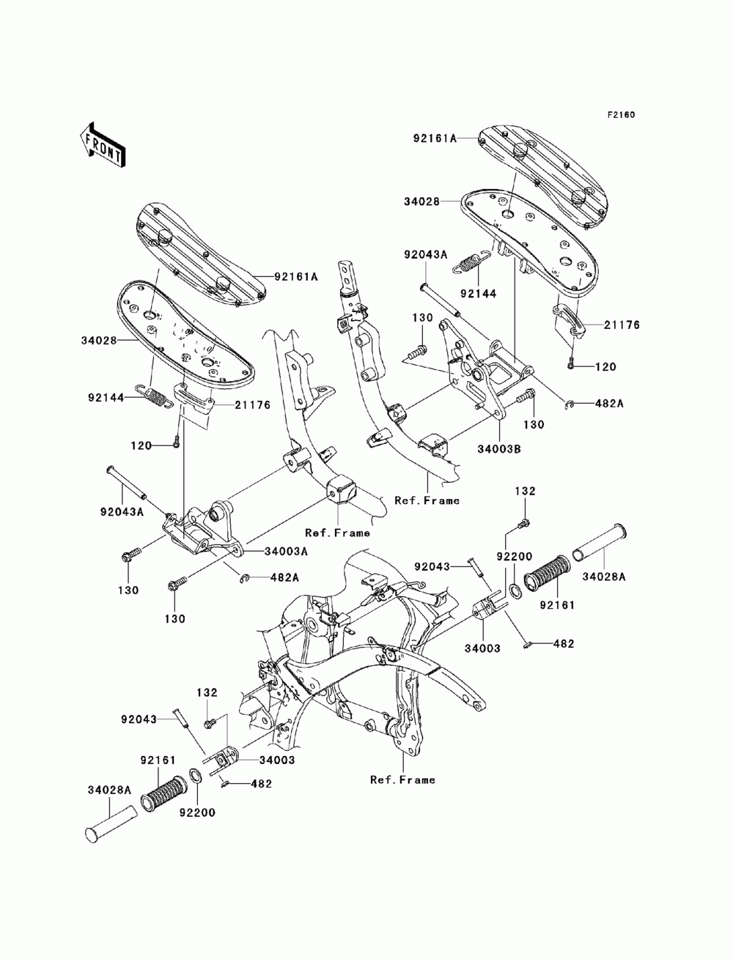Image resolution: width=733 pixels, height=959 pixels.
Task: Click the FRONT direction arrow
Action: tap(103, 146)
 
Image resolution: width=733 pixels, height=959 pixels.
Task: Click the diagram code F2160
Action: tap(621, 115)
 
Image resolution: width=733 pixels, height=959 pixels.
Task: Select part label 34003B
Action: tap(498, 448)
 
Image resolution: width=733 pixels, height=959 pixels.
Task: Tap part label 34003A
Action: tap(286, 552)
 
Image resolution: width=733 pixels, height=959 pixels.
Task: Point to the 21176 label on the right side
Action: tap(622, 325)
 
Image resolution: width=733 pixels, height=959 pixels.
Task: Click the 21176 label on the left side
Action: tap(253, 405)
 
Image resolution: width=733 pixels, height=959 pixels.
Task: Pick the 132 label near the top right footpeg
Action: tap(525, 491)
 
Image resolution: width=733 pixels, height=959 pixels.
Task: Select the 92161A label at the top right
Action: tap(435, 138)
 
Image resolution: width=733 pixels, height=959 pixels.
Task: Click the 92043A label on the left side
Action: tap(122, 512)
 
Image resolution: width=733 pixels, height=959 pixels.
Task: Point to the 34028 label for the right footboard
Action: tap(422, 202)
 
